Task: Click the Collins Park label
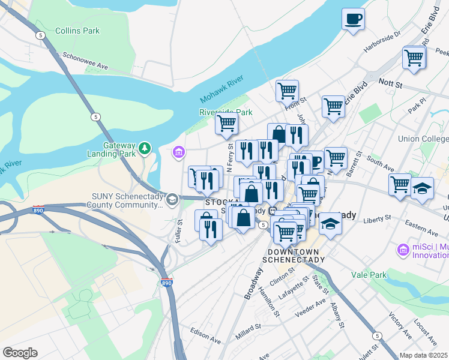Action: [x=77, y=31]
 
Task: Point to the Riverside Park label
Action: [x=226, y=112]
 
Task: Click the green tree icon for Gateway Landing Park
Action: [x=144, y=148]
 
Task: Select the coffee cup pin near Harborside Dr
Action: [x=353, y=18]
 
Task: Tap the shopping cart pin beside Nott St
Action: [x=414, y=58]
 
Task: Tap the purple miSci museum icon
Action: [x=401, y=248]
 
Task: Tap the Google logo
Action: [x=20, y=352]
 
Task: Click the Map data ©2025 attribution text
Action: [x=424, y=355]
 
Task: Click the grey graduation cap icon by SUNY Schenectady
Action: [x=172, y=199]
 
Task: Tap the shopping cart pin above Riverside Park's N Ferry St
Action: [x=226, y=124]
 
